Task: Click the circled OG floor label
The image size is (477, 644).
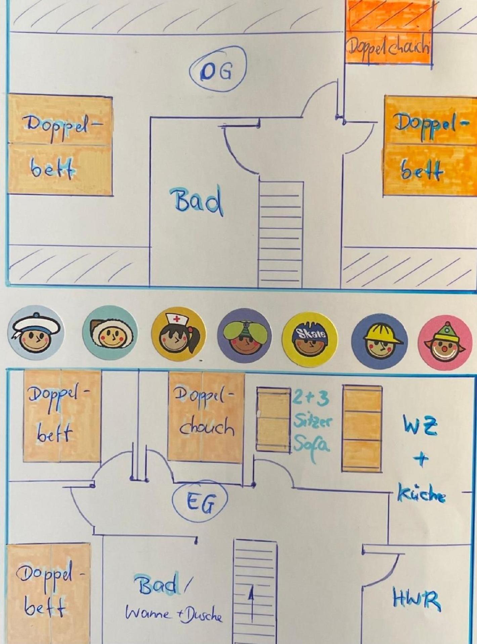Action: coord(218,69)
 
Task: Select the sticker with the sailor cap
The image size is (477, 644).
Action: coord(35,333)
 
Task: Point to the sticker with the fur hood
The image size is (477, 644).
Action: coord(110,333)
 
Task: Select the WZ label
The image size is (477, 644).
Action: coord(420,425)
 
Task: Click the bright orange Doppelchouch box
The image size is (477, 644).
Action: coord(389,32)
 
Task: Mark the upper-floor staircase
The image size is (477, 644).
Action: coord(280,234)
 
